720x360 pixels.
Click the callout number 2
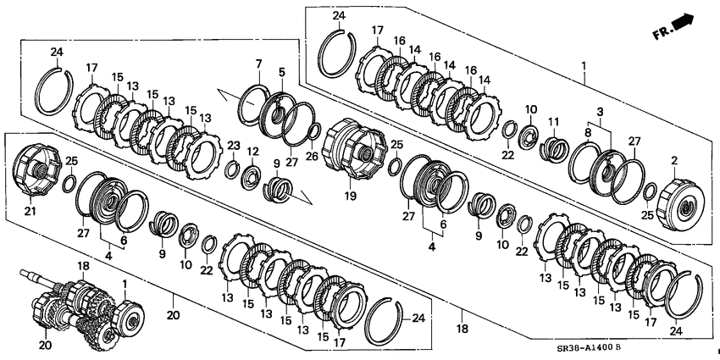click(x=674, y=161)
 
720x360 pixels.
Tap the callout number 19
click(x=351, y=196)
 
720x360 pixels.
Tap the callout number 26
click(x=313, y=156)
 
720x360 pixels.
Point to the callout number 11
click(x=553, y=122)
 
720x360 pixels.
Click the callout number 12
click(x=253, y=151)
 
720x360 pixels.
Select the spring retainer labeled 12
click(x=252, y=176)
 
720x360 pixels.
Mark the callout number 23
click(x=234, y=146)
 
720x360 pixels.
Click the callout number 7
click(x=258, y=62)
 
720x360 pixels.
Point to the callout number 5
click(x=281, y=72)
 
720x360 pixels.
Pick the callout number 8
click(x=587, y=133)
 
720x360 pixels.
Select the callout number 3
click(x=600, y=112)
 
